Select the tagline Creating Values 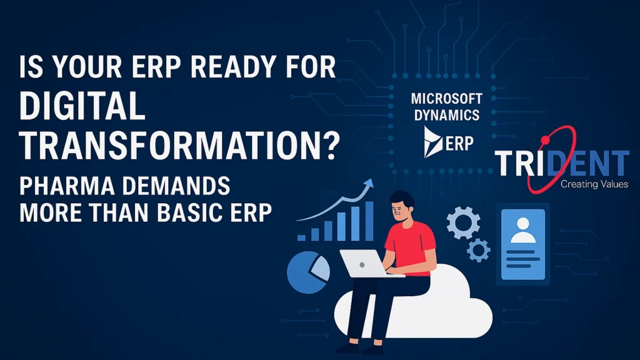pyautogui.click(x=589, y=184)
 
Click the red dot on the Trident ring pyautogui.click(x=544, y=137)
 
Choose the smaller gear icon pyautogui.click(x=478, y=250)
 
